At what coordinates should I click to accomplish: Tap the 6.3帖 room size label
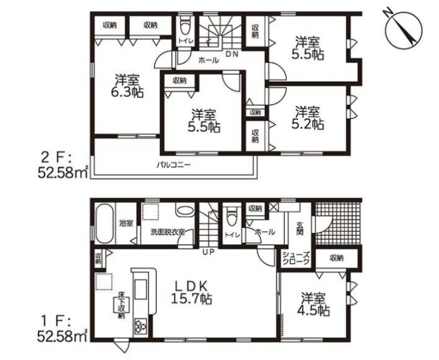pyautogui.click(x=127, y=86)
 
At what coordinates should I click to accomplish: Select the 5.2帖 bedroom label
pyautogui.click(x=307, y=117)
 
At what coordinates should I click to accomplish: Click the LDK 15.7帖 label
pyautogui.click(x=191, y=293)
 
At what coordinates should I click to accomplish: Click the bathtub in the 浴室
pyautogui.click(x=104, y=223)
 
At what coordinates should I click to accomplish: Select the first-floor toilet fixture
pyautogui.click(x=231, y=216)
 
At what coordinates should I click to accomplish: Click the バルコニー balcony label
pyautogui.click(x=174, y=165)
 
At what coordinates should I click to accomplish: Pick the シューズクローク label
pyautogui.click(x=296, y=258)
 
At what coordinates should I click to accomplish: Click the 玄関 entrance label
pyautogui.click(x=300, y=228)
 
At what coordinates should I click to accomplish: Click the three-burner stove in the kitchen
pyautogui.click(x=141, y=326)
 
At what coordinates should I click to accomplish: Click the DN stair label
pyautogui.click(x=232, y=55)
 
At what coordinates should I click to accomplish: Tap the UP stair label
pyautogui.click(x=208, y=252)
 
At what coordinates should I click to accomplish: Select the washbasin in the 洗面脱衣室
pyautogui.click(x=185, y=211)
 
